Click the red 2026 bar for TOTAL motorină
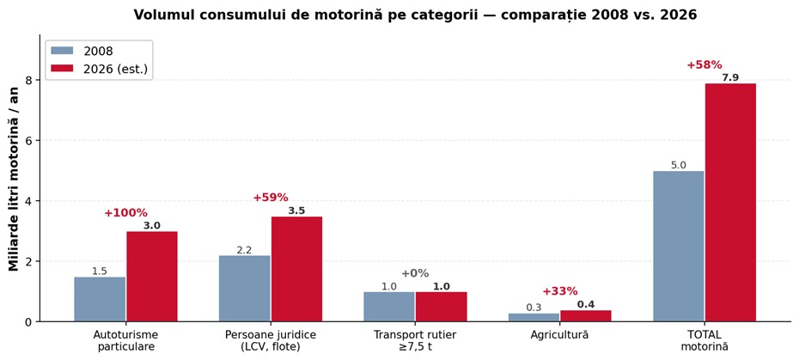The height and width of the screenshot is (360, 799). (730, 203)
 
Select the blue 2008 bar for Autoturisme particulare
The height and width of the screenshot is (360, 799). (100, 299)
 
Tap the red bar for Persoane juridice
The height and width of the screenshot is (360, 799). (296, 269)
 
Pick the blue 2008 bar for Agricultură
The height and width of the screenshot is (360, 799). (534, 317)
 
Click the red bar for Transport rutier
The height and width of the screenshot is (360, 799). (442, 307)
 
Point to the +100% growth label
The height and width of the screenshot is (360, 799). (125, 213)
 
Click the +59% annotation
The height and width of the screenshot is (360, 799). (271, 198)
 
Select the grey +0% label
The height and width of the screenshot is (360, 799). (415, 273)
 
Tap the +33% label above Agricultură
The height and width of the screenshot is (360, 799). (560, 291)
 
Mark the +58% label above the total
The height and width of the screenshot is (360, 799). (704, 65)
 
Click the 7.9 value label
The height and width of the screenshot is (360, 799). (730, 77)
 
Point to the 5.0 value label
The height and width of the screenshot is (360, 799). (679, 165)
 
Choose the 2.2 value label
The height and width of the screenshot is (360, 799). (245, 250)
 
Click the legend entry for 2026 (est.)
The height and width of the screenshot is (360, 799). (99, 70)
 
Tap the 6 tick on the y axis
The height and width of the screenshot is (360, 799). (30, 140)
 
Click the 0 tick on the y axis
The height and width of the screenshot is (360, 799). (30, 321)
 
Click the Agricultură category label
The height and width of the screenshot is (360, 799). (559, 335)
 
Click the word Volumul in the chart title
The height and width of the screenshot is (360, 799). (157, 15)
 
